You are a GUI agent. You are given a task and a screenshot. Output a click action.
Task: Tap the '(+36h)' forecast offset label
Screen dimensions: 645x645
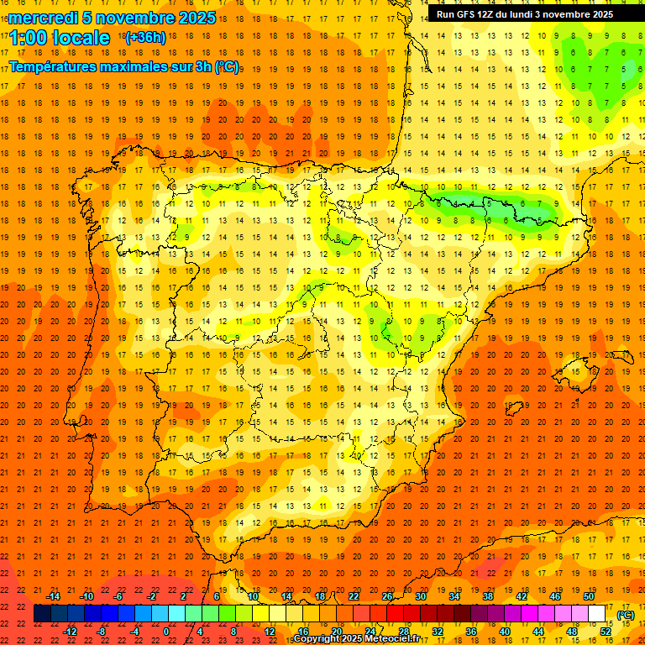144,38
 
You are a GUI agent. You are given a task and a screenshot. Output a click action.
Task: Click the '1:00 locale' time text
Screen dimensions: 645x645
60,38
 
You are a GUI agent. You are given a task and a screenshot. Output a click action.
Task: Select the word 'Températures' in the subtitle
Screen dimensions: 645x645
51,66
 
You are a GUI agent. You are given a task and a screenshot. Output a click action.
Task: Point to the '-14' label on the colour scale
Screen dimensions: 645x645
53,596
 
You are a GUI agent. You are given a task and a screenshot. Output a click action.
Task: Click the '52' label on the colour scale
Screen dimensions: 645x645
606,632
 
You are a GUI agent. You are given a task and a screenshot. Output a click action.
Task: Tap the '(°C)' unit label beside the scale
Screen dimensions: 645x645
626,614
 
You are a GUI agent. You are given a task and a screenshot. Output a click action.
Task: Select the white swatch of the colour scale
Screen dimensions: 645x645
597,614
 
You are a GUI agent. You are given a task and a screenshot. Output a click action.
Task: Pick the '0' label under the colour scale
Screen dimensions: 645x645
166,632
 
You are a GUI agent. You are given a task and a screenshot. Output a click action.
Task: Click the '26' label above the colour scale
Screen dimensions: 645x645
387,596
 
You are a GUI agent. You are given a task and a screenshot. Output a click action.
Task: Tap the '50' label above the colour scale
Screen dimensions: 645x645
589,596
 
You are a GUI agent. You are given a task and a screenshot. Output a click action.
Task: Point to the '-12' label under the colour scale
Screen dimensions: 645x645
70,632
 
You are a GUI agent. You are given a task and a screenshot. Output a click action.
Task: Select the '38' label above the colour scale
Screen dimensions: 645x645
488,596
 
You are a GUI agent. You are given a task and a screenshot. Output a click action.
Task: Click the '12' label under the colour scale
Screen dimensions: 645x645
270,632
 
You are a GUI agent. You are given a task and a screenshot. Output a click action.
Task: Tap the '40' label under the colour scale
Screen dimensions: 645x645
505,632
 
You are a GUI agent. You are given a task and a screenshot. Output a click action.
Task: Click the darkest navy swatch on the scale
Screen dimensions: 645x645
42,614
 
